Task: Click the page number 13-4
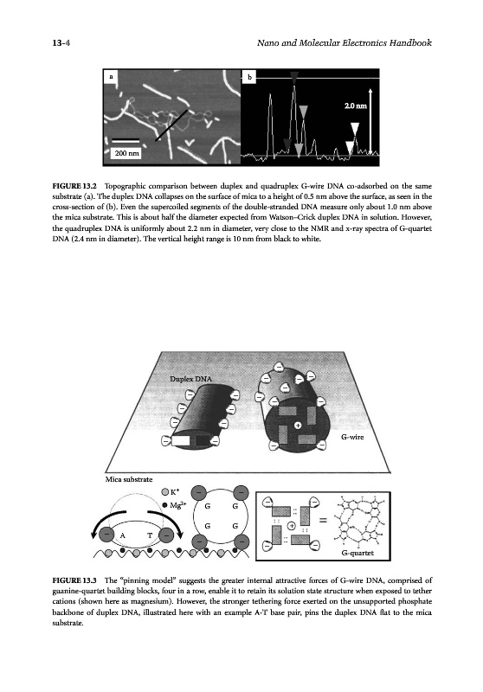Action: point(61,42)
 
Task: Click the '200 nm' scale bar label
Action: point(126,154)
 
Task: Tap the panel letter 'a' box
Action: point(111,77)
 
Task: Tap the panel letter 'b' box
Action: point(249,77)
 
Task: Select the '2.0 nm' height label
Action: point(355,106)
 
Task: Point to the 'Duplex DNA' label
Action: point(190,379)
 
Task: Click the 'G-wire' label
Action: point(352,437)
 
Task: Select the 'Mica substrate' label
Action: point(129,479)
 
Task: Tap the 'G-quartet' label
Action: point(357,553)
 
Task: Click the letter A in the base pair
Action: point(123,535)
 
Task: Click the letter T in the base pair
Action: point(150,535)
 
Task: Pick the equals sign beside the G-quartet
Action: point(323,521)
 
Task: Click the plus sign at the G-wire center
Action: point(298,426)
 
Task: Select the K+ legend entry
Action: point(170,491)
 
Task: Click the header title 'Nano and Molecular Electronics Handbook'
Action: point(345,42)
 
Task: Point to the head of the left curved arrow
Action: point(93,534)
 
